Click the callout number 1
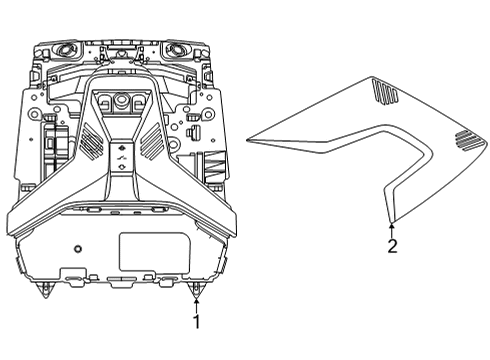click(197, 322)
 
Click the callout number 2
click(392, 246)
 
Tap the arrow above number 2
click(392, 228)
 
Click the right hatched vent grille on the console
click(153, 144)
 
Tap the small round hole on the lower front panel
click(77, 247)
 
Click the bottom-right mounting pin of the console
click(197, 289)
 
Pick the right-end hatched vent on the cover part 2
click(464, 140)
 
